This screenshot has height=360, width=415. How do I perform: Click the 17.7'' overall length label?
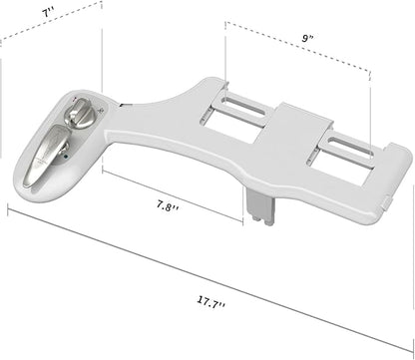point(211,302)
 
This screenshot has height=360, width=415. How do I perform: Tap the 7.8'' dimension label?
point(168,206)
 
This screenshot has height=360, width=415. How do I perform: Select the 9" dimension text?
point(307,38)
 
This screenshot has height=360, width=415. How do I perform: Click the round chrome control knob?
point(79,114)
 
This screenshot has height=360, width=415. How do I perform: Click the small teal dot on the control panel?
point(66,156)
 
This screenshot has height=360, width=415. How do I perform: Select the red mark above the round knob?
point(75,99)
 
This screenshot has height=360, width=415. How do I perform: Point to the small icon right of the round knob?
point(102,110)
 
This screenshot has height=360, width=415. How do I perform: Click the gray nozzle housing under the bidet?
point(262,206)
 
